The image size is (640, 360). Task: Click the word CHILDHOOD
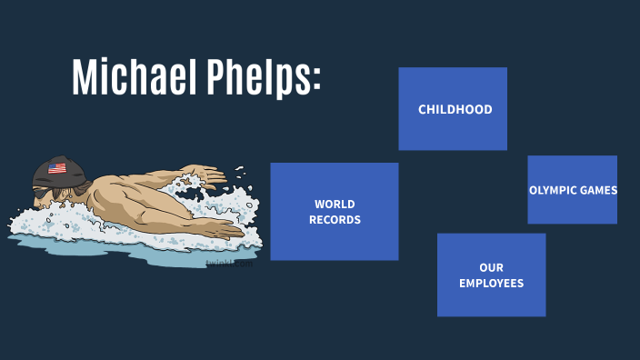(x=455, y=110)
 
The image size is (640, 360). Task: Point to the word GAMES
(x=601, y=190)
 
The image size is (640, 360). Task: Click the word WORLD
(x=335, y=205)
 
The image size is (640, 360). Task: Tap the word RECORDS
(x=335, y=220)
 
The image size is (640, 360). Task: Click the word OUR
(x=491, y=268)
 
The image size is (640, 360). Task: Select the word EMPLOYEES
(x=491, y=284)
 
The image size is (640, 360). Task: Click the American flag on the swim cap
(x=57, y=168)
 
